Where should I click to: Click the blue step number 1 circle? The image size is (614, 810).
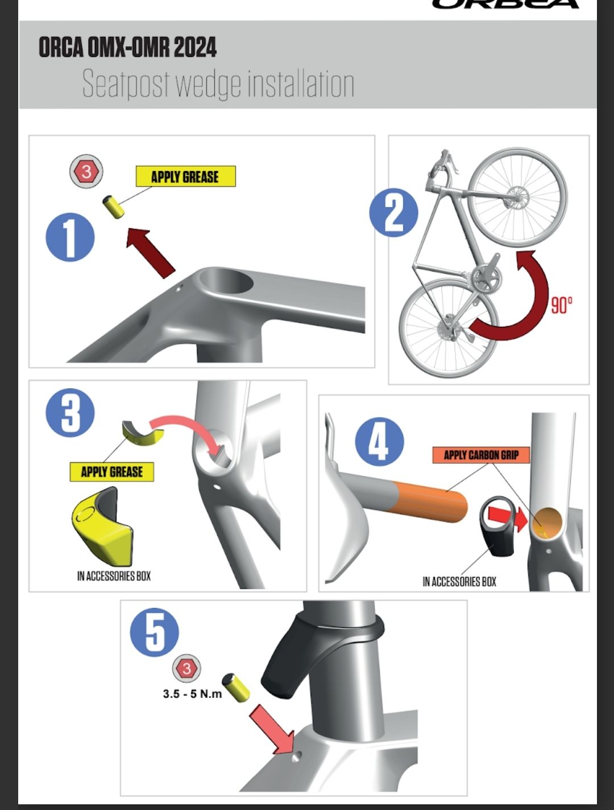(70, 237)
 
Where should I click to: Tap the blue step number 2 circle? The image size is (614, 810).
(393, 212)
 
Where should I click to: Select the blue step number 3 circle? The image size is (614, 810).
(70, 413)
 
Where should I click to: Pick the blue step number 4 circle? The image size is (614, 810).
(379, 442)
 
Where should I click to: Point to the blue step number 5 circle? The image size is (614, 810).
(155, 632)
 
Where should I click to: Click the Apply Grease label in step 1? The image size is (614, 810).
(185, 176)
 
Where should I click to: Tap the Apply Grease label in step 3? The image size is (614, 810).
(111, 472)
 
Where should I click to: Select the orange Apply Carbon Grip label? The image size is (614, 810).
(482, 455)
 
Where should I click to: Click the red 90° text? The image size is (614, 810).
(562, 305)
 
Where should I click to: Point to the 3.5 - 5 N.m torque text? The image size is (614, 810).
(192, 694)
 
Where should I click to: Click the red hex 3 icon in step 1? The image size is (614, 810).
(86, 171)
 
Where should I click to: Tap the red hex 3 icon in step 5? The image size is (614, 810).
(186, 669)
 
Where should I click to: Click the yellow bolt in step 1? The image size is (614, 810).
(113, 207)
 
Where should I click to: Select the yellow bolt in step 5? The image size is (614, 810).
(235, 688)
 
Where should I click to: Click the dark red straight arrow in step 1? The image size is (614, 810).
(150, 253)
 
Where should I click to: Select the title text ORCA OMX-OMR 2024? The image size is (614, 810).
(127, 47)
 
